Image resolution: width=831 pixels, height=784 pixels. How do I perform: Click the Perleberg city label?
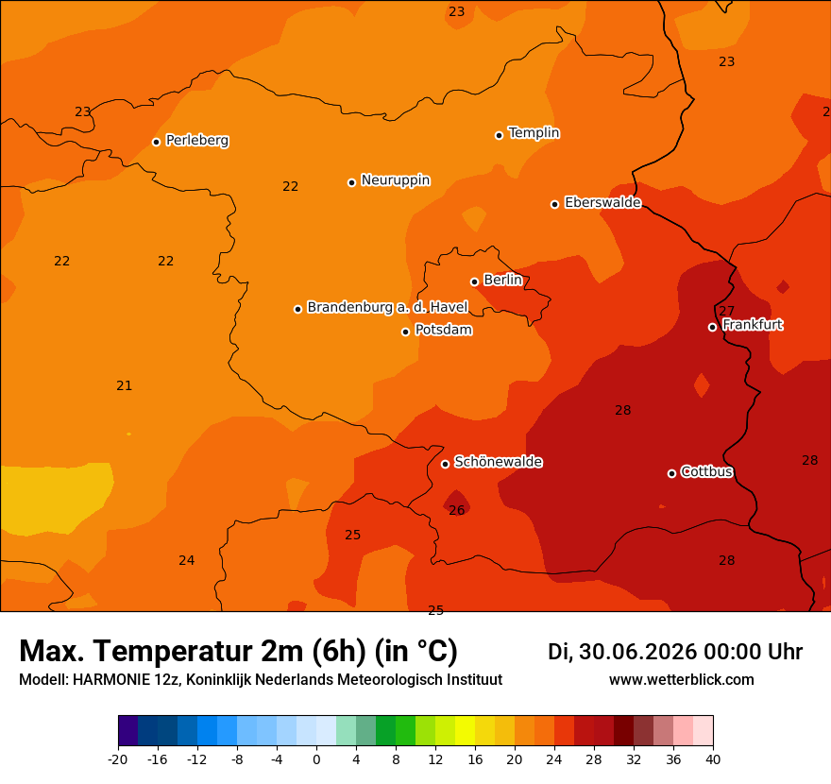pyautogui.click(x=197, y=141)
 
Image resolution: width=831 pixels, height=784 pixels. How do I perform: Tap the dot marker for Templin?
pyautogui.click(x=499, y=135)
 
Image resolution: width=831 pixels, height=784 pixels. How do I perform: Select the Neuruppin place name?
pyautogui.click(x=396, y=180)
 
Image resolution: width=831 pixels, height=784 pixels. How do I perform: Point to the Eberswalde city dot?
pyautogui.click(x=554, y=204)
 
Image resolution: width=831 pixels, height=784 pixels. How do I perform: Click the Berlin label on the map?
pyautogui.click(x=503, y=280)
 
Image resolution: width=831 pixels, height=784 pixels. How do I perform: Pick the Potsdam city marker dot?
pyautogui.click(x=405, y=332)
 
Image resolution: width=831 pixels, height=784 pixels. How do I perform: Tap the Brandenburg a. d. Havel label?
pyautogui.click(x=387, y=307)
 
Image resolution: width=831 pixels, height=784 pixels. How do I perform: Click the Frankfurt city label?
pyautogui.click(x=753, y=324)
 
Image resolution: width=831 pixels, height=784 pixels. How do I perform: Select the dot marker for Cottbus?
pyautogui.click(x=671, y=473)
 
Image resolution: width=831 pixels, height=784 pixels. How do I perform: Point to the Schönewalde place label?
pyautogui.click(x=499, y=462)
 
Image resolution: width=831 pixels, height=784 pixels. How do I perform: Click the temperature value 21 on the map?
pyautogui.click(x=124, y=385)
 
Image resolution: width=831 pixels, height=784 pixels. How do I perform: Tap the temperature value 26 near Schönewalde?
pyautogui.click(x=457, y=510)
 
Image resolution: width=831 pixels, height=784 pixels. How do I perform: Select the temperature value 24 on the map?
pyautogui.click(x=187, y=560)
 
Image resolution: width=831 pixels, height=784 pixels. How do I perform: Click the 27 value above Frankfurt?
pyautogui.click(x=726, y=311)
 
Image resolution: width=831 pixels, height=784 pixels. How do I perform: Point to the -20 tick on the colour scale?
pyautogui.click(x=118, y=759)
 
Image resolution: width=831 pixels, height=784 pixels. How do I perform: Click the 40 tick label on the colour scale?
pyautogui.click(x=713, y=759)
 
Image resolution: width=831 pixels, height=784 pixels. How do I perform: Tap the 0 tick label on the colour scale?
pyautogui.click(x=316, y=759)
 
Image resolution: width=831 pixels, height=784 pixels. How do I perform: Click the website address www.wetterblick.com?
pyautogui.click(x=682, y=679)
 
